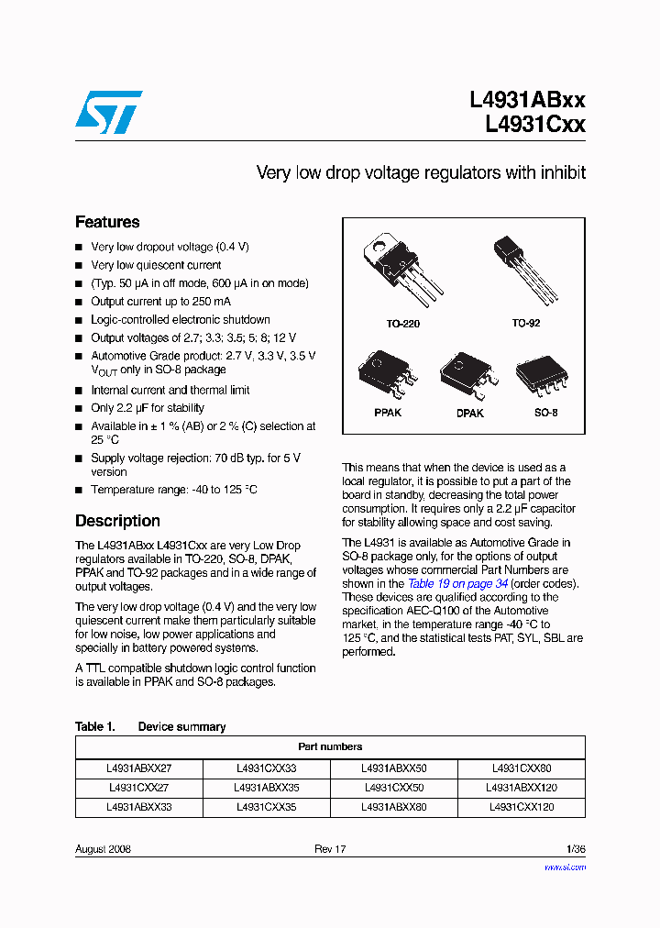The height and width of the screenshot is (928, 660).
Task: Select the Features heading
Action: [x=107, y=222]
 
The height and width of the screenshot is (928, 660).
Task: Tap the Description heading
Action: [x=117, y=521]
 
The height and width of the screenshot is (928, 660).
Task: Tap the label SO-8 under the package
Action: [x=545, y=414]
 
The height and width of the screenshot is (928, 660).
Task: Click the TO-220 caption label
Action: [x=402, y=325]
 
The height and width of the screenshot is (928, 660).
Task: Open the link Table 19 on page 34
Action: [x=457, y=584]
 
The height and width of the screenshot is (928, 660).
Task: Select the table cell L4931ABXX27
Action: [x=138, y=768]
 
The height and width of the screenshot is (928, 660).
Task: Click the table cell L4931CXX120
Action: [x=522, y=808]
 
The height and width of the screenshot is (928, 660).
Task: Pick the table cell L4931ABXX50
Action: [x=393, y=768]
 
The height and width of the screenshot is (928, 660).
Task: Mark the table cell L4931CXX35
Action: [x=266, y=808]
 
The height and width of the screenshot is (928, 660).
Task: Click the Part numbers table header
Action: [x=330, y=746]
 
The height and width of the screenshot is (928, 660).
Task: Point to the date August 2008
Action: [x=103, y=849]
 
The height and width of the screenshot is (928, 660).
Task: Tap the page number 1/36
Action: [x=575, y=849]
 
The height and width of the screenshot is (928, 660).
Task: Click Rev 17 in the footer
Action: [x=330, y=849]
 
